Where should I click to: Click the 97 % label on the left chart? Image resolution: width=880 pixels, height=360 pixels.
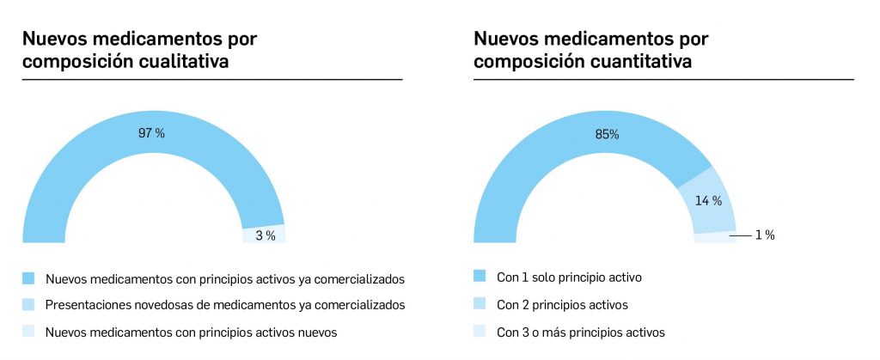coord(152,133)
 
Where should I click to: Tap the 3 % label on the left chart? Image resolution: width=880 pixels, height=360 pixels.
coord(266,235)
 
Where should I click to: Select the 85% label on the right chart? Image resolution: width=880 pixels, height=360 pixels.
coord(606,133)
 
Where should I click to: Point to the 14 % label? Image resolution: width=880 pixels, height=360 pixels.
coord(709,201)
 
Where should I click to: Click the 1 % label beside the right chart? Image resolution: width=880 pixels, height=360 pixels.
coord(765,235)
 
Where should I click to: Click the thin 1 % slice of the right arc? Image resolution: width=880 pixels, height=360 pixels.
coord(715,238)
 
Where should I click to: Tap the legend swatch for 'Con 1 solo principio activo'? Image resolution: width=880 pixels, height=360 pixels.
coord(480,277)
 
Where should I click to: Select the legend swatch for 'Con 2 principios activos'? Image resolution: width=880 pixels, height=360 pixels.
coord(480,304)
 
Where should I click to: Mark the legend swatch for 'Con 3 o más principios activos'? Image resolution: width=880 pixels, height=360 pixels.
coord(480,332)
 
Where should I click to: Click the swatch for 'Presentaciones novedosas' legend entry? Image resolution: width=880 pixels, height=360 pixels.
coord(28,304)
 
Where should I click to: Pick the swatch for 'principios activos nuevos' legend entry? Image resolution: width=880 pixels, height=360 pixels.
coord(28,332)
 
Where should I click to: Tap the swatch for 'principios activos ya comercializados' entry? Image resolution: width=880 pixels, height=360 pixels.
coord(28,278)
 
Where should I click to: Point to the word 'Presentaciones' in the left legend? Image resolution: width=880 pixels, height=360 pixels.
coord(86,305)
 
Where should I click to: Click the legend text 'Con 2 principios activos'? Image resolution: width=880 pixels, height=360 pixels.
coord(562,305)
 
